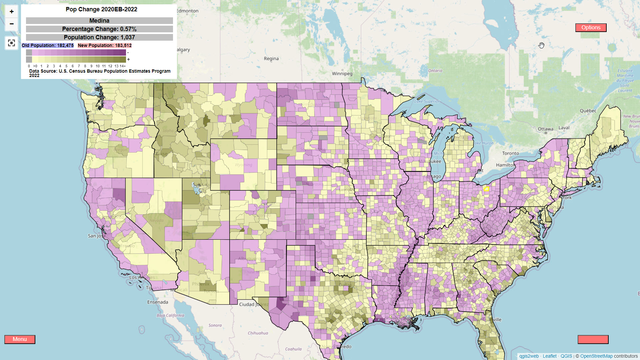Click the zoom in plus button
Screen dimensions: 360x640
pos(12,12)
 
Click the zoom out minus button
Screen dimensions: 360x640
pos(12,24)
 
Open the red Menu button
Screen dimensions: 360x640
pos(20,339)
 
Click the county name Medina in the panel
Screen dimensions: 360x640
pos(99,21)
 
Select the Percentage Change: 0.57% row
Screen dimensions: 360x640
pos(99,29)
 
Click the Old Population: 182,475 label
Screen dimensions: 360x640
pos(48,45)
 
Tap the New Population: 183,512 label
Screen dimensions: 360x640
pos(105,45)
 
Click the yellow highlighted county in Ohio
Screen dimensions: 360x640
pos(486,189)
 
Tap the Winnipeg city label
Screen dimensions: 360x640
pos(342,74)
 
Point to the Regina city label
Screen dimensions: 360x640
pos(271,59)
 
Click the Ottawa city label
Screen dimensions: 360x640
pos(545,129)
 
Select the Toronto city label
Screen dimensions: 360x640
pos(510,153)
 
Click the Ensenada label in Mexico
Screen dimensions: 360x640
pos(158,302)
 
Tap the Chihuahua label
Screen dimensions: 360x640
pos(258,333)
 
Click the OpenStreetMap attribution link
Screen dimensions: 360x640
pos(596,356)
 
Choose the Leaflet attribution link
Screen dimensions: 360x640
pos(549,356)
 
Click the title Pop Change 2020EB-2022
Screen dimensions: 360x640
pos(101,9)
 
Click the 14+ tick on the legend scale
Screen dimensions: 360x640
pos(123,66)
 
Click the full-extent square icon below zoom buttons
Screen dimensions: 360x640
pos(12,43)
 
